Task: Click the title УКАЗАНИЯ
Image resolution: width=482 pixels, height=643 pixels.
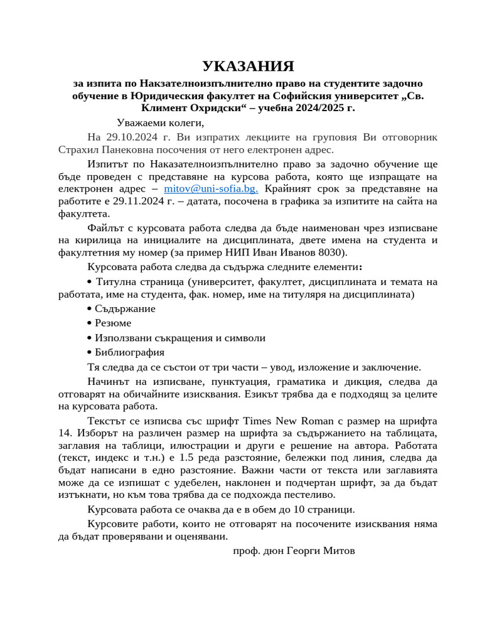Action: pyautogui.click(x=248, y=67)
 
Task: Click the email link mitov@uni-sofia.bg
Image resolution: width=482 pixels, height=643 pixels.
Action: pyautogui.click(x=211, y=188)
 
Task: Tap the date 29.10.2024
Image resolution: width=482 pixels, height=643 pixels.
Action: pyautogui.click(x=132, y=138)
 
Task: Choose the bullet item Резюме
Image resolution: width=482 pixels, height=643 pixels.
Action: pyautogui.click(x=113, y=323)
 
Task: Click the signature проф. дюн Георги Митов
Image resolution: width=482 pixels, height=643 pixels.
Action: pyautogui.click(x=294, y=551)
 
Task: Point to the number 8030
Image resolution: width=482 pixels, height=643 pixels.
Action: pyautogui.click(x=332, y=252)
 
